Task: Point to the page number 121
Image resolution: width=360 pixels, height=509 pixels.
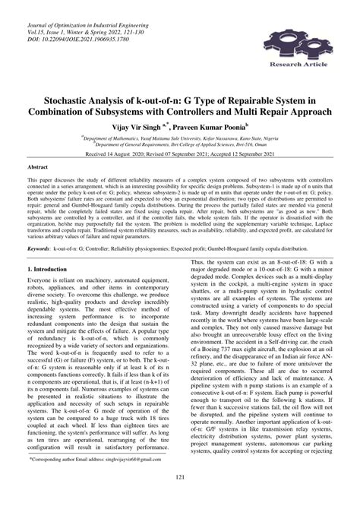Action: (180, 497)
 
